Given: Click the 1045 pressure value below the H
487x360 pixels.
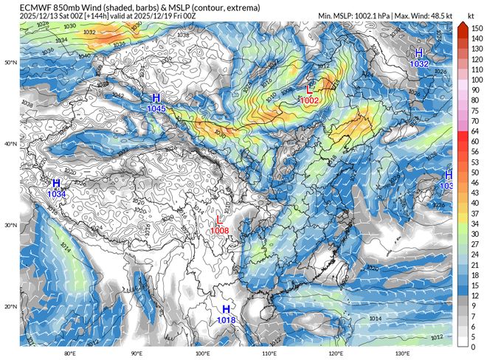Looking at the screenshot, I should (156, 109).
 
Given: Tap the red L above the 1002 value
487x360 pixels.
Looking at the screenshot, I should (310, 89).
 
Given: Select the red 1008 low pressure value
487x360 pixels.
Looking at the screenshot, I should (219, 230).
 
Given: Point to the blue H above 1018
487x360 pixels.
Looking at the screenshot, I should (226, 308).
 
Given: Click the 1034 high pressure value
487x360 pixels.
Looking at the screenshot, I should (57, 194).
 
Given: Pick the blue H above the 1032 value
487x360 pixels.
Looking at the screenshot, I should (419, 53).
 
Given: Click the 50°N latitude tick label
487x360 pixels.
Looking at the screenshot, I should (10, 63).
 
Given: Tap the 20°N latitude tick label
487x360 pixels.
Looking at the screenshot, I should (10, 306).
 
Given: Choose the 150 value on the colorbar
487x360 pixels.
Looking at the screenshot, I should (476, 27).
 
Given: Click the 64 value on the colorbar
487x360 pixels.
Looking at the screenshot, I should (476, 131).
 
